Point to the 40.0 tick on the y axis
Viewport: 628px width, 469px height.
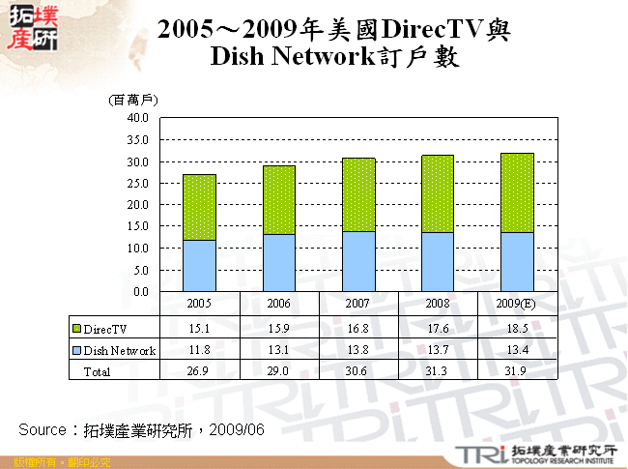click(137, 117)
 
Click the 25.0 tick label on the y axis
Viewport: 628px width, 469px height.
click(137, 183)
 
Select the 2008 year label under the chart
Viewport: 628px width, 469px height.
click(438, 303)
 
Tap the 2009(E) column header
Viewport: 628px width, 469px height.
click(517, 303)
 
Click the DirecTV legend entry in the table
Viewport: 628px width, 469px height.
click(105, 329)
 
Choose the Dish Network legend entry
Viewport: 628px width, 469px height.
click(113, 350)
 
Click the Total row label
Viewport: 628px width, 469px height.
click(98, 371)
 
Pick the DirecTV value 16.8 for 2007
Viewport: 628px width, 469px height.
click(358, 329)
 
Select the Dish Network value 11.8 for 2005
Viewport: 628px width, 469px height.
click(199, 350)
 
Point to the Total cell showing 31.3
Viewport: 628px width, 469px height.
click(438, 371)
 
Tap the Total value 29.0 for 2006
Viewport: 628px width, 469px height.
click(278, 371)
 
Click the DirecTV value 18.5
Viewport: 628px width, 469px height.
click(517, 329)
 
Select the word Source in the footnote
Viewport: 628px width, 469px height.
click(42, 428)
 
